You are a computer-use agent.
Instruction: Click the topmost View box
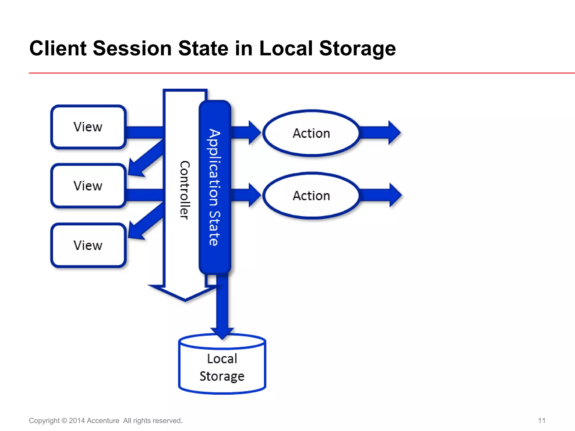click(x=88, y=127)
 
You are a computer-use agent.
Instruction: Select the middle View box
click(x=88, y=186)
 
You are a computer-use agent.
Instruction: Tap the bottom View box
click(x=88, y=245)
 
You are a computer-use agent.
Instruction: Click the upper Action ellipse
click(x=311, y=133)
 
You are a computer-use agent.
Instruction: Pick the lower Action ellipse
click(x=311, y=196)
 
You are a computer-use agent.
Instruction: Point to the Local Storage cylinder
click(x=222, y=368)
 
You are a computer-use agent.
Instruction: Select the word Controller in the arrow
click(x=185, y=190)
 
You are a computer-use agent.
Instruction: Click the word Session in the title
click(x=132, y=48)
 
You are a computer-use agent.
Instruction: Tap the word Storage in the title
click(x=357, y=48)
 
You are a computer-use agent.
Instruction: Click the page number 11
click(x=542, y=420)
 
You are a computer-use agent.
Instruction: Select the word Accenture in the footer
click(x=103, y=421)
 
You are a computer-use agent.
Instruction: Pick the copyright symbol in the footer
click(x=64, y=421)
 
